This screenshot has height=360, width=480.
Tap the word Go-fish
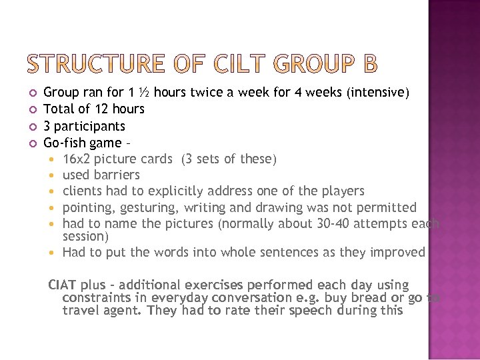click(x=65, y=143)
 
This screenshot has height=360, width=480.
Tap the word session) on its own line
click(x=86, y=236)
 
